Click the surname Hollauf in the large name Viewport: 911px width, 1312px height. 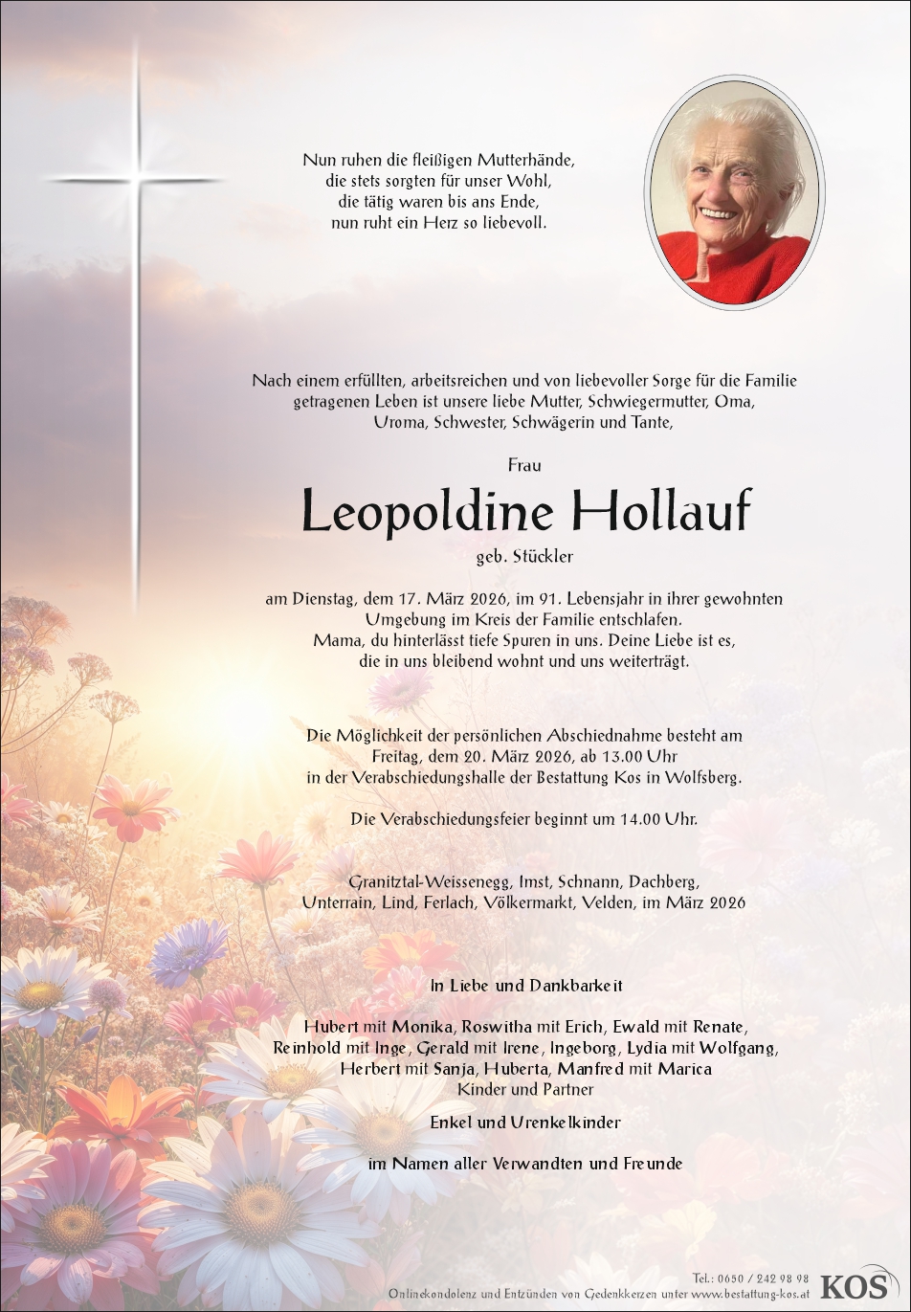pos(661,512)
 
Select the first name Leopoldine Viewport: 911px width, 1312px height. pos(427,512)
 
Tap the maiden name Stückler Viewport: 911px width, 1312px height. pos(544,556)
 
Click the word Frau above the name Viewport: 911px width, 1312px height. pos(524,465)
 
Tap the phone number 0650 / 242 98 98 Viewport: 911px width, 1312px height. pos(763,1279)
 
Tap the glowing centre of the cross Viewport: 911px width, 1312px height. pos(136,179)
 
